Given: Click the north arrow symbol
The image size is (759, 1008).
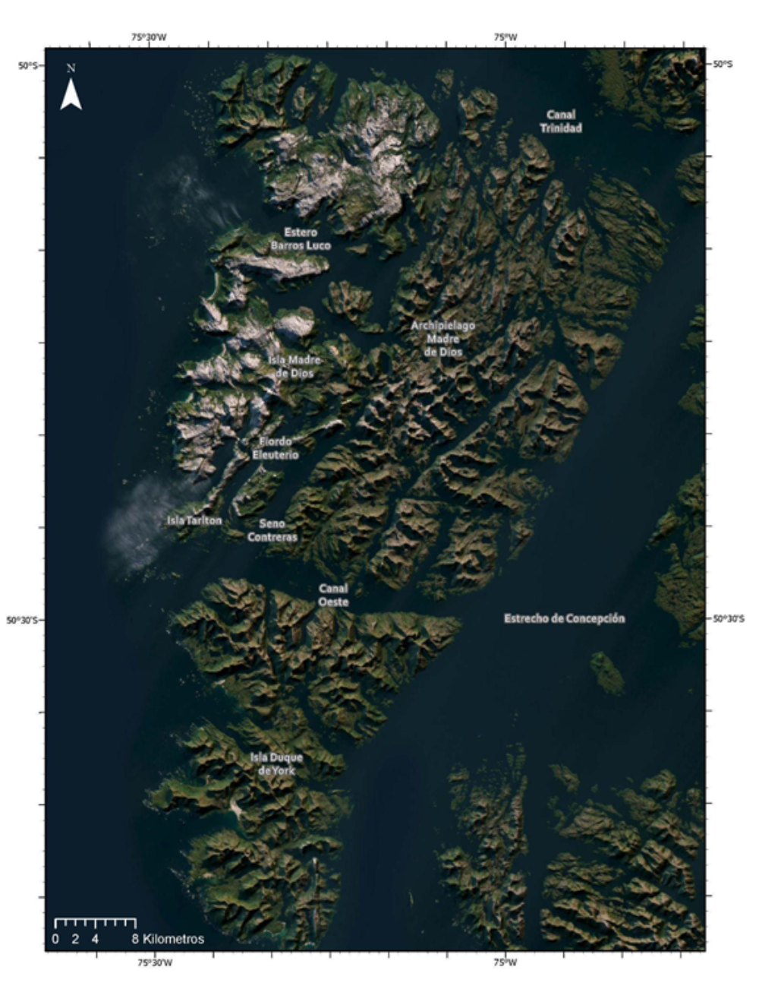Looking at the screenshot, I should pyautogui.click(x=71, y=95).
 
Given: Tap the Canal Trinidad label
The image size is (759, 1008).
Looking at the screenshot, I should pyautogui.click(x=561, y=122).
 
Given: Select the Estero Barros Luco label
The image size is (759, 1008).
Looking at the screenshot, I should pyautogui.click(x=301, y=239).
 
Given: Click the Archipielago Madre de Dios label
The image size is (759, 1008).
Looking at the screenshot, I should pyautogui.click(x=443, y=338).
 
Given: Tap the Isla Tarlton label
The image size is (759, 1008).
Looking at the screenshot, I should pyautogui.click(x=194, y=520).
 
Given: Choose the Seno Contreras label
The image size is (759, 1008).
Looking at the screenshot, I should pyautogui.click(x=272, y=529).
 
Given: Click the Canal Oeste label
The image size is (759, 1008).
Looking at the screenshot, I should pyautogui.click(x=333, y=595).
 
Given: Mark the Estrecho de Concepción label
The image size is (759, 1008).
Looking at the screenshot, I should pyautogui.click(x=564, y=618).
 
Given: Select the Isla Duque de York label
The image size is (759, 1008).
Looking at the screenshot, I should pyautogui.click(x=276, y=763).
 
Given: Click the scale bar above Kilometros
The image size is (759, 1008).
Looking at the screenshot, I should pyautogui.click(x=95, y=923).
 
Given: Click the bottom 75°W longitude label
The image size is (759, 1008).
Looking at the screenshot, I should pyautogui.click(x=505, y=962).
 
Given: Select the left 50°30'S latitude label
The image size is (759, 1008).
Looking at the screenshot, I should pyautogui.click(x=23, y=620).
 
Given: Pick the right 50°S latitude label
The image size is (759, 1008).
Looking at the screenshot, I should pyautogui.click(x=723, y=65).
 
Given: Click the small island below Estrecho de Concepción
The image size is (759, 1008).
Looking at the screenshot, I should pyautogui.click(x=607, y=673).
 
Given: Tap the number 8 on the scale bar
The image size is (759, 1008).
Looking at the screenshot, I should pyautogui.click(x=134, y=939).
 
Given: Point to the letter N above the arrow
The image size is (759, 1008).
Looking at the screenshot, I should pyautogui.click(x=71, y=68).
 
